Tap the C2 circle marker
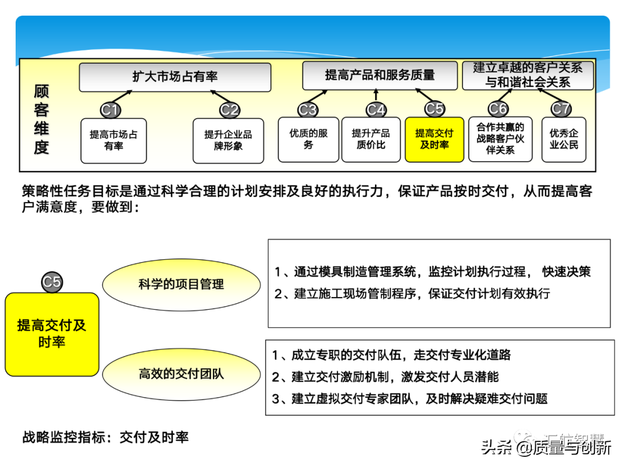(229, 109)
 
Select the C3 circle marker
(308, 109)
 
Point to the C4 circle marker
(376, 109)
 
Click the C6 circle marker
(498, 109)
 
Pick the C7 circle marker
(560, 109)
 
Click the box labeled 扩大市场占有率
(175, 77)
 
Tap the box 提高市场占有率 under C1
(113, 141)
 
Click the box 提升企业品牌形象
(228, 141)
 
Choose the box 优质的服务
(308, 140)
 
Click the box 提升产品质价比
(371, 140)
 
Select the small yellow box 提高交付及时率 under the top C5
(434, 140)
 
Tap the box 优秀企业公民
(564, 140)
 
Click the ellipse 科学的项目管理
(181, 284)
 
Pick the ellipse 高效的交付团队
(181, 374)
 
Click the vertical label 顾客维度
(41, 120)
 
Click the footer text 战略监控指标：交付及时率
(105, 437)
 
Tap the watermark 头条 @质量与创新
(546, 447)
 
